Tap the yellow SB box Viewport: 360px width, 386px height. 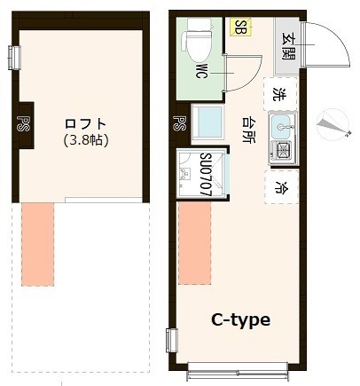(239, 28)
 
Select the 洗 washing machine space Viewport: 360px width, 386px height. (280, 93)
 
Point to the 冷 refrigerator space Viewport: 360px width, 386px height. (280, 187)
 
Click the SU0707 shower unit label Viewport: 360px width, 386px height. (205, 175)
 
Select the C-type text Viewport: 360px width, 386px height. (239, 319)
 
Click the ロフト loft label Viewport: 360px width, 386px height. (86, 124)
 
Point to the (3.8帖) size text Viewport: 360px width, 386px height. (86, 140)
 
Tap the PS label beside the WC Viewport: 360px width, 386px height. (180, 125)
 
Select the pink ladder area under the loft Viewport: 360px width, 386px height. (37, 244)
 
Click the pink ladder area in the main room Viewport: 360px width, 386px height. (193, 245)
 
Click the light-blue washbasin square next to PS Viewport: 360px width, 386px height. (208, 122)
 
